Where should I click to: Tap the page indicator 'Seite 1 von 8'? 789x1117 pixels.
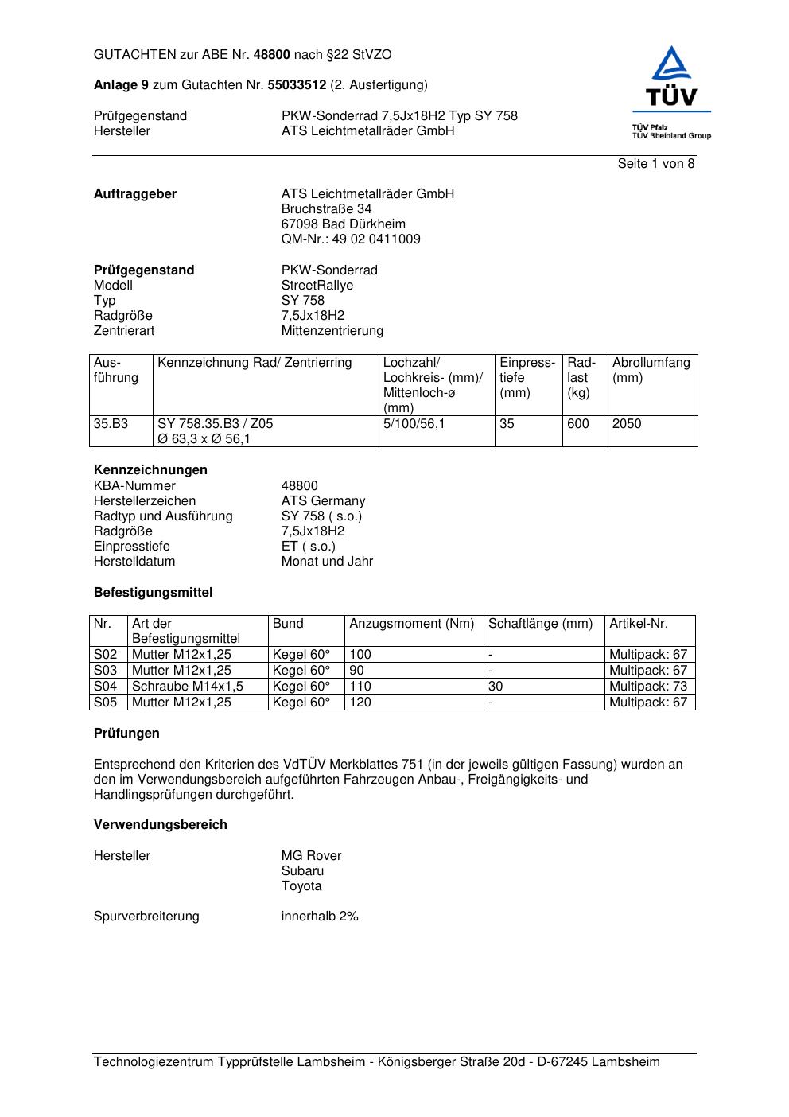(x=655, y=164)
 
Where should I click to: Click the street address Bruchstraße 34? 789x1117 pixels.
(x=326, y=209)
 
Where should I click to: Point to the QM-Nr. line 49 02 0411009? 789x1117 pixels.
(x=351, y=239)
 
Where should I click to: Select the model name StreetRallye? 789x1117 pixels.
(x=317, y=286)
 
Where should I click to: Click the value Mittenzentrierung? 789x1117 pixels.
(x=332, y=331)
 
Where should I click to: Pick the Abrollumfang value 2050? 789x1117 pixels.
(x=626, y=424)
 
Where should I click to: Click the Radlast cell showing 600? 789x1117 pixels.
(x=577, y=424)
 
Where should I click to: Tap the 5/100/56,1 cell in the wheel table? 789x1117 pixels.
(x=414, y=424)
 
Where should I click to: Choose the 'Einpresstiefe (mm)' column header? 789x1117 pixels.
(x=527, y=378)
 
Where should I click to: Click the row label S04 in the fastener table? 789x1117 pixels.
(x=105, y=687)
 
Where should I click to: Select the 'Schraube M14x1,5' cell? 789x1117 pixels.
(x=187, y=687)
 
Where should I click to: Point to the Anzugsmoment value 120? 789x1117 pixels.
(x=360, y=703)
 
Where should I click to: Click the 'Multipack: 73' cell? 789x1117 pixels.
(x=647, y=687)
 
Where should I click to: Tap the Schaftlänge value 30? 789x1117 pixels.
(x=496, y=687)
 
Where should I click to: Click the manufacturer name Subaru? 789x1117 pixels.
(x=302, y=871)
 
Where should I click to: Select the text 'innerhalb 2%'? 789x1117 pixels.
(x=319, y=917)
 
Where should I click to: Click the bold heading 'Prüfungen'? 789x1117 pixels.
(x=126, y=734)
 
